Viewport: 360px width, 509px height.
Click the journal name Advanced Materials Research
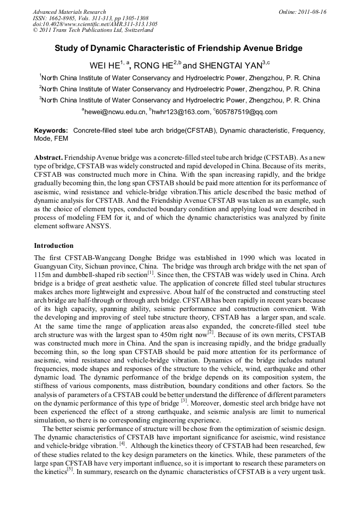click(69, 12)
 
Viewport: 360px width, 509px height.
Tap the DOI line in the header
click(95, 24)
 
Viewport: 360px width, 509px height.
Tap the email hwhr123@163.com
click(181, 112)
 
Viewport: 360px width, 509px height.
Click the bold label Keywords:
click(51, 130)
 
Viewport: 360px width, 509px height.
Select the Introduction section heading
click(54, 246)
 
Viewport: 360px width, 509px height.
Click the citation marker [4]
click(122, 442)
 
